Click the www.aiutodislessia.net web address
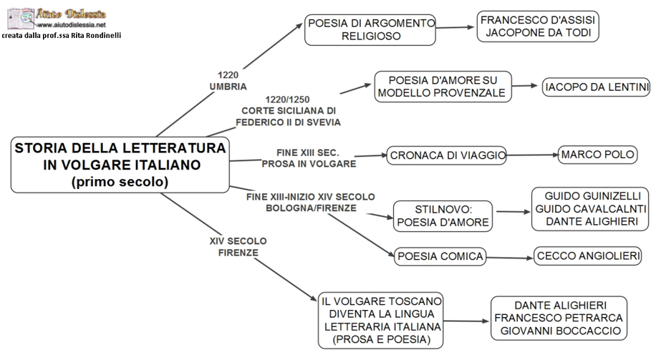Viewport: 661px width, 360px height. pyautogui.click(x=76, y=24)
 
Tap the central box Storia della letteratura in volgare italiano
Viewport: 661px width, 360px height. pyautogui.click(x=120, y=165)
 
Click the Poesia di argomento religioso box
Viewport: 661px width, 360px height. pyautogui.click(x=371, y=29)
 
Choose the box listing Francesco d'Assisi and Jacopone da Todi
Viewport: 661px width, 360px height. pyautogui.click(x=538, y=26)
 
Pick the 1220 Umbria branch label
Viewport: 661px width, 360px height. pyautogui.click(x=228, y=80)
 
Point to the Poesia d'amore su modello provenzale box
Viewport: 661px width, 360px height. pyautogui.click(x=442, y=86)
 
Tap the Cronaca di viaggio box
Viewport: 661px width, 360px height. pyautogui.click(x=447, y=155)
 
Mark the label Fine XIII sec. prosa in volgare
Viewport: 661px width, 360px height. pyautogui.click(x=309, y=158)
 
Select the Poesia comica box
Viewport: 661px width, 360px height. pyautogui.click(x=440, y=256)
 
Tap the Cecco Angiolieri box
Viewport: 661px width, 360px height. pyautogui.click(x=584, y=256)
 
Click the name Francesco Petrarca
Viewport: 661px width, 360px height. pyautogui.click(x=559, y=318)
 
